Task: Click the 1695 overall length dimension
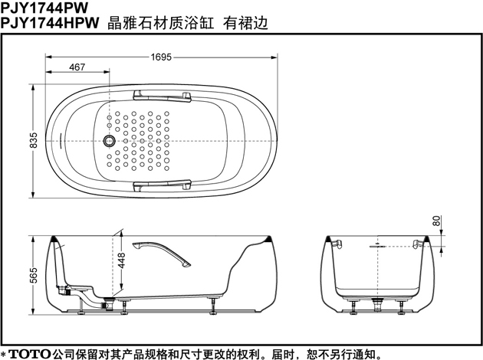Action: click(161, 57)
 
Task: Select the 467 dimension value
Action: click(77, 67)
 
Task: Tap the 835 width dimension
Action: click(33, 140)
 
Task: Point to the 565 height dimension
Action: click(33, 275)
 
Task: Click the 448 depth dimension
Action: click(122, 260)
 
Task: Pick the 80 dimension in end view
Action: click(437, 221)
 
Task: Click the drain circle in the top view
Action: click(109, 141)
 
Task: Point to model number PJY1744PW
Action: click(44, 8)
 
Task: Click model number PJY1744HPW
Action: click(50, 23)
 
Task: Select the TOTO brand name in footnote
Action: click(29, 354)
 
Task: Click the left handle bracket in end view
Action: click(337, 244)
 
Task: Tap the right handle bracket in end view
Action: click(418, 244)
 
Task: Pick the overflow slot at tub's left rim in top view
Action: click(61, 141)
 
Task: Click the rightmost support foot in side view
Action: click(213, 306)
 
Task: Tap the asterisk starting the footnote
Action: click(3, 354)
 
